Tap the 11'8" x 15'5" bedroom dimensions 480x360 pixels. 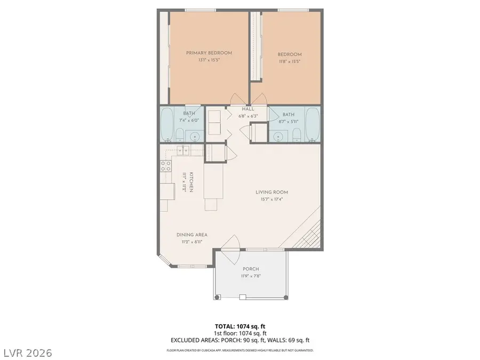pos(290,62)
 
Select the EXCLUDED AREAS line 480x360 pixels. pos(239,339)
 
